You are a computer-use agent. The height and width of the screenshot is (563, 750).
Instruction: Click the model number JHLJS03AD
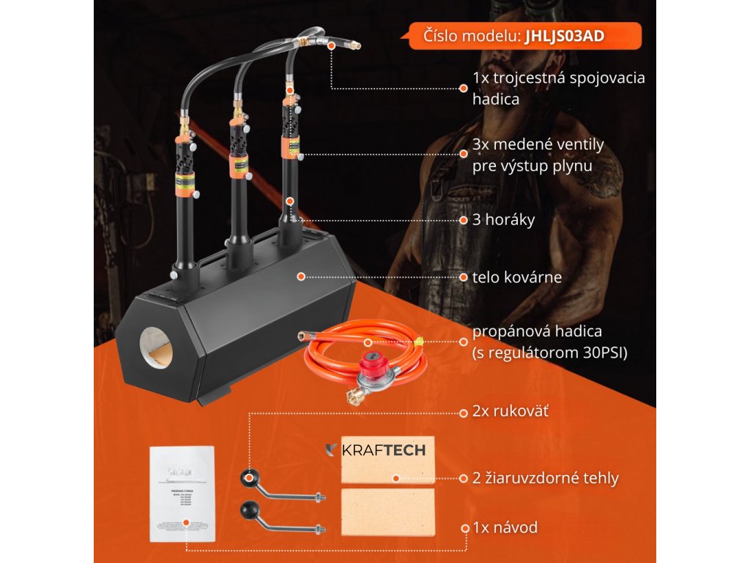(564, 36)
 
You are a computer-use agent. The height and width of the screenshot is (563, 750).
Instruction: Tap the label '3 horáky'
(504, 219)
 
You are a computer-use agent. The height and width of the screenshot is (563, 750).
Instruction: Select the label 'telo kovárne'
(517, 277)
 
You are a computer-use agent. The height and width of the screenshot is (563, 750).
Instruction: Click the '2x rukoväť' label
(510, 412)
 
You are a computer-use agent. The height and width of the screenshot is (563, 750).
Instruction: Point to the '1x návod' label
(505, 527)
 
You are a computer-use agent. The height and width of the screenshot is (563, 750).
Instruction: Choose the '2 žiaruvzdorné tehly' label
(546, 478)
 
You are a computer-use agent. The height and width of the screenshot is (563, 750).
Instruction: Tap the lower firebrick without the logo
(387, 513)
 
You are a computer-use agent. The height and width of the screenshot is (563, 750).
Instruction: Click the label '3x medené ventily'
(538, 144)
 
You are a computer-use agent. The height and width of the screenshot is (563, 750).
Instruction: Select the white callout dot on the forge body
(300, 276)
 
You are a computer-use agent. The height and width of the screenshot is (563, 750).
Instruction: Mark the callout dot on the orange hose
(367, 342)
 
